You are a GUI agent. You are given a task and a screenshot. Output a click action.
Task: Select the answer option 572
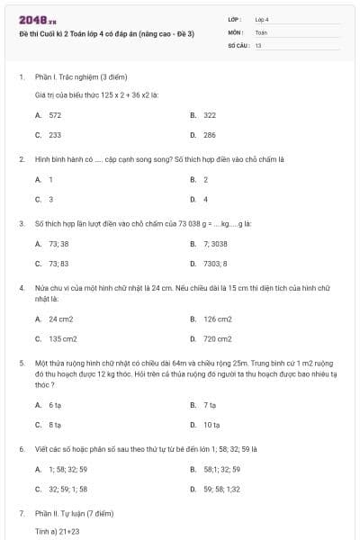coord(55,115)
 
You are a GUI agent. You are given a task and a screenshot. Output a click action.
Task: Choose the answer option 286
coord(210,135)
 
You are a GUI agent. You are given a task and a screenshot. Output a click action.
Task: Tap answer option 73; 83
coord(58,264)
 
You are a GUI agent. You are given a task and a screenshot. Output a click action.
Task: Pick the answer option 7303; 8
coord(215,264)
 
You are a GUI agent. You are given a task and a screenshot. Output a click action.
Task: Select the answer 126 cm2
coord(217,319)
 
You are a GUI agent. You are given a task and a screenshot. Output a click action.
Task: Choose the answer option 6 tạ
coord(55,405)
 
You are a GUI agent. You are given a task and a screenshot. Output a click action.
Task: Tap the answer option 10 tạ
coord(211,425)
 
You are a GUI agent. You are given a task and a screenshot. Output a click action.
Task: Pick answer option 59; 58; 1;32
coord(221,489)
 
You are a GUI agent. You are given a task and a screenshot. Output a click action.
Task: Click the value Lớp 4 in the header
coord(262,19)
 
